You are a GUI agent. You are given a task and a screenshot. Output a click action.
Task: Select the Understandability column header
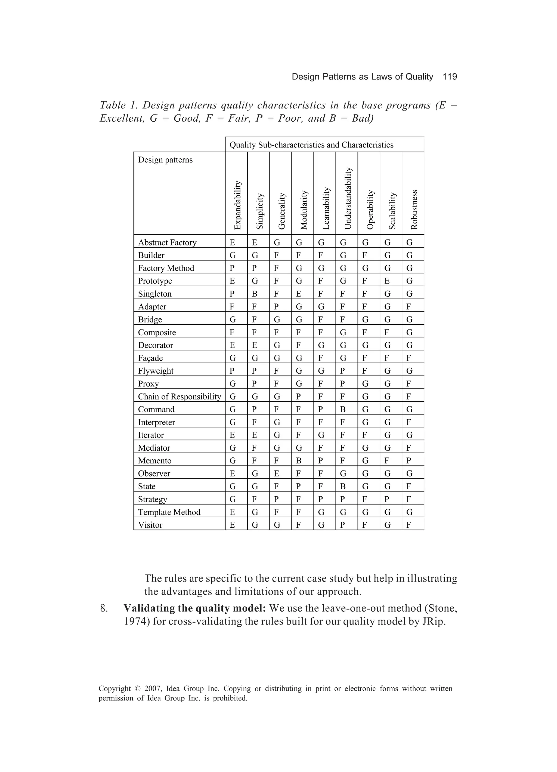347,198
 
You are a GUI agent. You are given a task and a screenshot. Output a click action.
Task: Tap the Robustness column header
414,209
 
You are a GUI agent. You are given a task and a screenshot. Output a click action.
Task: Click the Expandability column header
237,205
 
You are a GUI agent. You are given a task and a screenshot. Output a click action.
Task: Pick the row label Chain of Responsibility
179,396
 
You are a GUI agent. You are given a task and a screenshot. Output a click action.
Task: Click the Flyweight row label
156,371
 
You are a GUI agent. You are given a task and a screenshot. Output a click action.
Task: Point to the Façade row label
150,358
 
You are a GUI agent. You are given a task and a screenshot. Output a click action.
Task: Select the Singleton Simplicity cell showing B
255,294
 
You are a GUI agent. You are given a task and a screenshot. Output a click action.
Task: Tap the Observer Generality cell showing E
277,473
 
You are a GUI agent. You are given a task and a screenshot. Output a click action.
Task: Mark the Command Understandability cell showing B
343,409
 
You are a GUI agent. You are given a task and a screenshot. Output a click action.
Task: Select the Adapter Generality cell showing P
277,307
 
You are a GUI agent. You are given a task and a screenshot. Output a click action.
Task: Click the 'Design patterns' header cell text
165,160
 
